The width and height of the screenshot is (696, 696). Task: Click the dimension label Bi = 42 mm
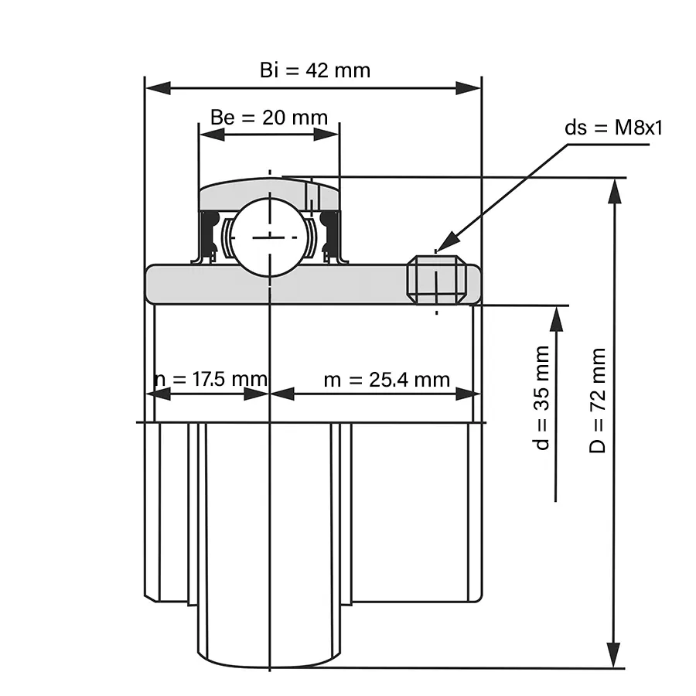click(x=315, y=70)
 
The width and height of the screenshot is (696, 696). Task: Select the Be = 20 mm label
click(x=269, y=118)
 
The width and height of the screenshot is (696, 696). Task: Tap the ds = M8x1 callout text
click(x=613, y=128)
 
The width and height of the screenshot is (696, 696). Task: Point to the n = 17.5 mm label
click(x=210, y=379)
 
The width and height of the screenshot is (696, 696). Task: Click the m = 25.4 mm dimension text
click(x=386, y=379)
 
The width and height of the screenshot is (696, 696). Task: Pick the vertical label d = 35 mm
click(x=542, y=397)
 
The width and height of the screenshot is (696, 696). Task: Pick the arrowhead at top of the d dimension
click(x=556, y=318)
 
